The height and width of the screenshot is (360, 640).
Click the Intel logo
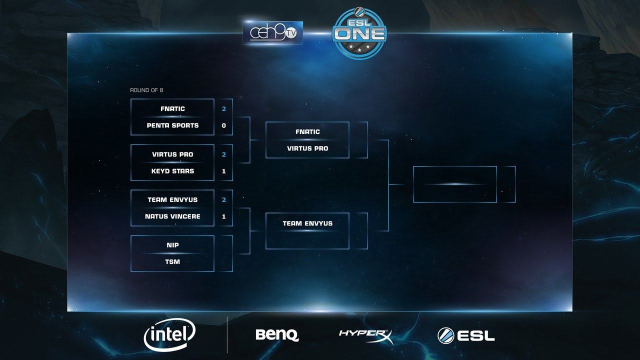169,333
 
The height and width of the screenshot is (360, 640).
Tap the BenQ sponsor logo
277,334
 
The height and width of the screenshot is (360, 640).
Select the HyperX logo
365,334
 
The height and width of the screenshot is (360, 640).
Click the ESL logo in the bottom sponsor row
466,335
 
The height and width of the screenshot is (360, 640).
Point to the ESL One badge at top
359,33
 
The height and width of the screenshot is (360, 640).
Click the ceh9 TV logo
272,33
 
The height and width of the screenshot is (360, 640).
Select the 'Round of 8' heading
146,90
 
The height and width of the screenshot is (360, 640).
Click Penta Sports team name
172,125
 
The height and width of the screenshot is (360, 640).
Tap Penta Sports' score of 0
223,125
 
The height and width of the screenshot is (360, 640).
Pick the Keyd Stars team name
172,171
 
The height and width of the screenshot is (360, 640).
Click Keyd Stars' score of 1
223,171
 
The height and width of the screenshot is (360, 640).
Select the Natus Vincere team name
172,216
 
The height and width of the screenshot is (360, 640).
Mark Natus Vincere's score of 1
223,216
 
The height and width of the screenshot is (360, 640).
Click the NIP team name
172,245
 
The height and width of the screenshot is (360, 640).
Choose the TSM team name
172,262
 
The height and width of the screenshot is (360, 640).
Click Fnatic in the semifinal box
307,132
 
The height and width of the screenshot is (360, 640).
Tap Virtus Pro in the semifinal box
307,148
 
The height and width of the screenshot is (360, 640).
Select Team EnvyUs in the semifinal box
307,223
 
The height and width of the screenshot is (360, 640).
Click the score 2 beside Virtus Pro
223,154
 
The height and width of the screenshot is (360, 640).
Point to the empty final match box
455,184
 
